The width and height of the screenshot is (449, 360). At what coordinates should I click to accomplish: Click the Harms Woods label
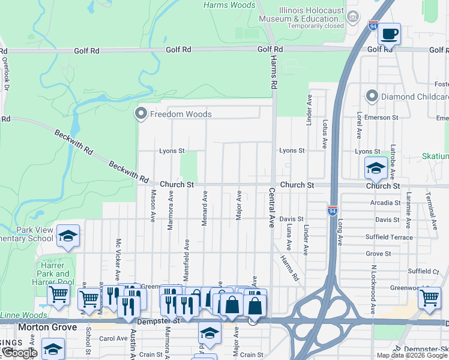click(x=229, y=5)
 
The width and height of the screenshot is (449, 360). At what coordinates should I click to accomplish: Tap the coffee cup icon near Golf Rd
click(x=389, y=34)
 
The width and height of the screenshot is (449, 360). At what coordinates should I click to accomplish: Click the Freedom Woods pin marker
click(x=141, y=113)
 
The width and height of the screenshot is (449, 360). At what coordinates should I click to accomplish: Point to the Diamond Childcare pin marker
click(x=372, y=96)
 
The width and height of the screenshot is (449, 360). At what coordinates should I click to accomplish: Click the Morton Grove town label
click(x=47, y=327)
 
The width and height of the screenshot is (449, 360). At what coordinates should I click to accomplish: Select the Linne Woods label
click(x=24, y=315)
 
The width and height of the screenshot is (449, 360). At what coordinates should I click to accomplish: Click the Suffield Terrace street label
click(x=389, y=237)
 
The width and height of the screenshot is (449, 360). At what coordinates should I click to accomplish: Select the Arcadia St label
click(x=385, y=203)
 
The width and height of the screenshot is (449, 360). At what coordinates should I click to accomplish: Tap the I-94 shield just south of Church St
click(x=333, y=211)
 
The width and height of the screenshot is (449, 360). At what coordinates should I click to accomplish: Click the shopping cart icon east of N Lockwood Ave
click(x=429, y=298)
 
